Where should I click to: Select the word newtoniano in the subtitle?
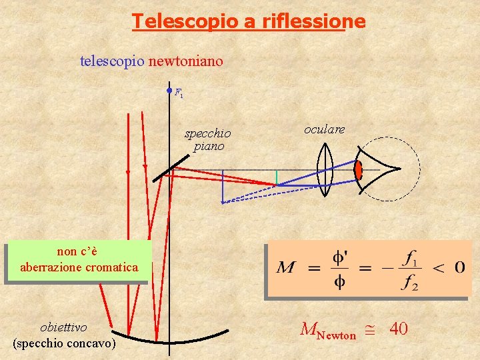coord(186,61)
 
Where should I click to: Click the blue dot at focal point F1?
coord(169,91)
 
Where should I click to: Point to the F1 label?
coord(179,93)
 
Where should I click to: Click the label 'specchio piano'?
coord(208,139)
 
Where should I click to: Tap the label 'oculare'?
coord(324,129)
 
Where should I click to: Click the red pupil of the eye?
coord(359,170)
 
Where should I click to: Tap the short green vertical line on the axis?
coord(277,177)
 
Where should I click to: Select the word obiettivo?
coord(63,327)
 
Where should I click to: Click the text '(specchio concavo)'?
coord(64,343)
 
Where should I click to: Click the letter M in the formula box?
coord(286,267)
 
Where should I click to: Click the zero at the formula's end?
coord(460,267)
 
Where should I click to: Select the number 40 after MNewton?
coord(398,329)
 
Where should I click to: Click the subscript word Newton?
coord(336,335)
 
